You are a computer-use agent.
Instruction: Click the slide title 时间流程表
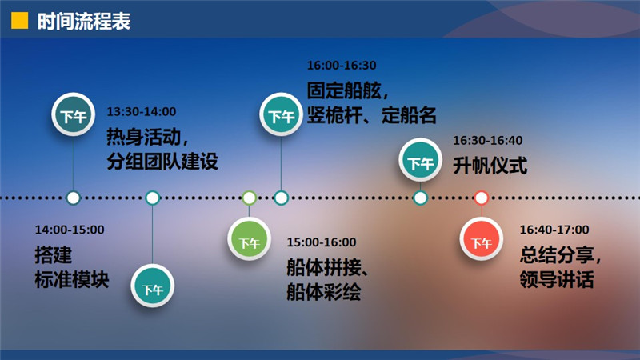(x=84, y=22)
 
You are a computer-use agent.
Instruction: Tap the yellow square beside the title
(x=19, y=21)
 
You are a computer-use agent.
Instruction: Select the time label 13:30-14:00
(x=142, y=111)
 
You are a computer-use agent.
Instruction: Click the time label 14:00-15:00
(x=70, y=230)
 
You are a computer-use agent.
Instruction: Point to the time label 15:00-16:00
(x=322, y=242)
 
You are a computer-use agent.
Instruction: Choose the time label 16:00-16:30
(x=342, y=65)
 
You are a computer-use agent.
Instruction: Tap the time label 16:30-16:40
(x=488, y=141)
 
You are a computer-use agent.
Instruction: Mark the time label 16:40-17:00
(x=554, y=230)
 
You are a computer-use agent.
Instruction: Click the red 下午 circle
(x=482, y=238)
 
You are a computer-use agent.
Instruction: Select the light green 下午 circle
(x=249, y=238)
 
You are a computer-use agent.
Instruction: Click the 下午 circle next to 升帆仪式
(x=420, y=159)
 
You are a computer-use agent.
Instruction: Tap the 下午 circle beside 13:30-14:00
(x=73, y=114)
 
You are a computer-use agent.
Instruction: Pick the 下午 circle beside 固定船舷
(x=281, y=114)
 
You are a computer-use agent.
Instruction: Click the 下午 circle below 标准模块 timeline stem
(x=152, y=286)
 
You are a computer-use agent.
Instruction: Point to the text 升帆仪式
(x=490, y=166)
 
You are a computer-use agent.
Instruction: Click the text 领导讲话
(x=557, y=280)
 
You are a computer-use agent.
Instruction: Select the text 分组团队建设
(x=162, y=162)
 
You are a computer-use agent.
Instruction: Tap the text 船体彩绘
(x=324, y=292)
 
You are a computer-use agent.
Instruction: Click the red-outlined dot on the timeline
(x=482, y=198)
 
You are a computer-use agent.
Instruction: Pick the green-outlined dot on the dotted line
(x=249, y=198)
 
